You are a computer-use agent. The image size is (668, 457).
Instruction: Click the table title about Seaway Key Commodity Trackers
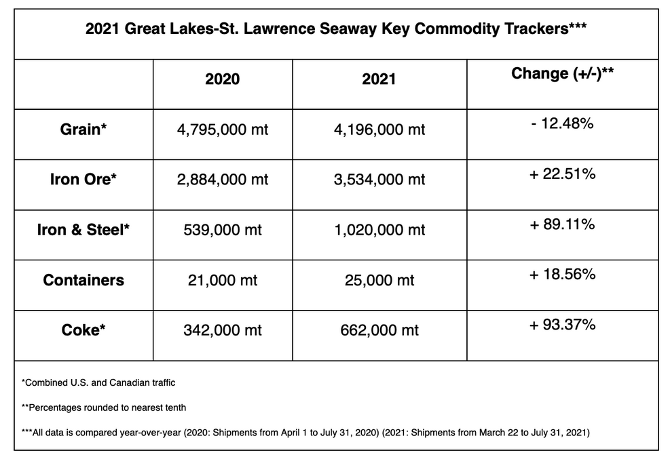point(336,29)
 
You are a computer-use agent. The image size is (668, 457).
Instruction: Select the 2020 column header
point(223,79)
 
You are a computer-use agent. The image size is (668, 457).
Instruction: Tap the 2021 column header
point(379,79)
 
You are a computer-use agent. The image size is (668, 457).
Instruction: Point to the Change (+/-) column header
point(562,73)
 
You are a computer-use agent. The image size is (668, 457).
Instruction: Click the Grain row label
point(83,129)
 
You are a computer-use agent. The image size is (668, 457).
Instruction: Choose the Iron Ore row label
point(83,179)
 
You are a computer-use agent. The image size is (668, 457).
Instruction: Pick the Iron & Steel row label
point(83,230)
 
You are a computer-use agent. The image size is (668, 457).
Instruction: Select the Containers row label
point(83,280)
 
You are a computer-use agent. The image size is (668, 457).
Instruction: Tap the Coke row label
point(83,330)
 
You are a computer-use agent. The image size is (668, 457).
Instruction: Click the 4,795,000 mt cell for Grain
point(223,130)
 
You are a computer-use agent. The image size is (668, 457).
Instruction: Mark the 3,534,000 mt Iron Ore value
point(379,180)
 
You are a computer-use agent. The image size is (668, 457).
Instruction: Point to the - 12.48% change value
point(562,123)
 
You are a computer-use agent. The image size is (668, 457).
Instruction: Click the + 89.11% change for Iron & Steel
point(562,224)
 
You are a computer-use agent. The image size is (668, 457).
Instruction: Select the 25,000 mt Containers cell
point(379,280)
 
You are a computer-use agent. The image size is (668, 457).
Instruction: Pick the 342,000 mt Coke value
point(223,330)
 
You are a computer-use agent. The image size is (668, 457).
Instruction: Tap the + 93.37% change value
point(562,325)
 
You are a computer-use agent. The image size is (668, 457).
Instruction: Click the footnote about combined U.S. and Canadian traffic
point(98,382)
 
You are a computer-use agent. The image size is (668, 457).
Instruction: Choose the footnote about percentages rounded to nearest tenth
point(104,408)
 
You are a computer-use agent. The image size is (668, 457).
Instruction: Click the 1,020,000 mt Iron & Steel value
point(379,230)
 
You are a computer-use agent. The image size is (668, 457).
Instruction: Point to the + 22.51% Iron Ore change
point(562,174)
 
